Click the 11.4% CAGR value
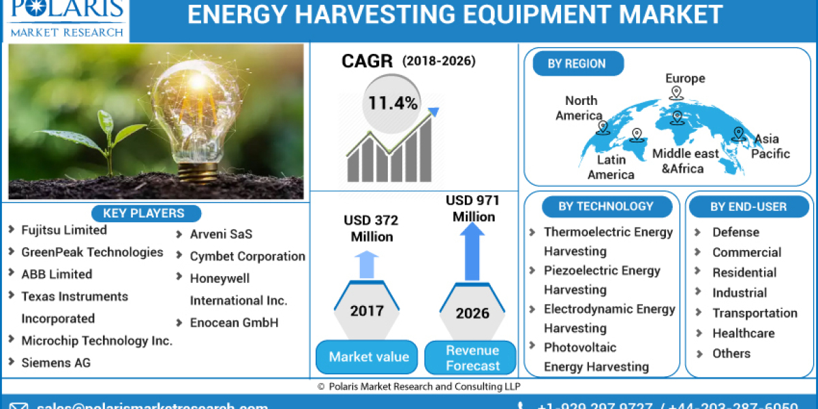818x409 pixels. pos(393,103)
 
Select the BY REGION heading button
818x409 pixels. pos(576,63)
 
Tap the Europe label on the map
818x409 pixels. pos(685,78)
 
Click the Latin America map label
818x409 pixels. pos(611,167)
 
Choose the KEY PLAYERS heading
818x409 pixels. pos(143,213)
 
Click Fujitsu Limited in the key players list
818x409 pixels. pos(63,230)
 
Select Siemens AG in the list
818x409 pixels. pos(56,363)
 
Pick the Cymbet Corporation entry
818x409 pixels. pos(247,256)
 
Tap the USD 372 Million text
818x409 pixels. pos(372,228)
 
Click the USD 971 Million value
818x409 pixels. pos(472,208)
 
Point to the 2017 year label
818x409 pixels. pos(367,311)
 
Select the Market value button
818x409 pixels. pos(368,357)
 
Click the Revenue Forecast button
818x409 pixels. pos(472,358)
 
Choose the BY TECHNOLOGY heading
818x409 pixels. pos(605,207)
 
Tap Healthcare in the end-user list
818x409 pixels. pos(743,333)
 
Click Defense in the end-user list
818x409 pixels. pos(736,232)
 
